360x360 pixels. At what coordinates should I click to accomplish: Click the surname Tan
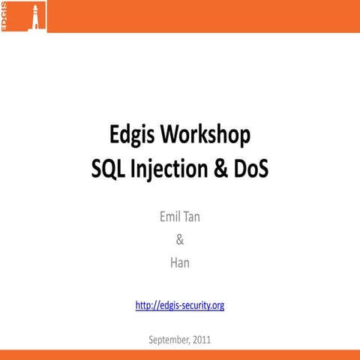click(x=193, y=218)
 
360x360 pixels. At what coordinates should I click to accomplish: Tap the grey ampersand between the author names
click(x=179, y=241)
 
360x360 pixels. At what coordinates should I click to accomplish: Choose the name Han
click(x=179, y=263)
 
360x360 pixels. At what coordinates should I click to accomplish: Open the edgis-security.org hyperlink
click(x=180, y=305)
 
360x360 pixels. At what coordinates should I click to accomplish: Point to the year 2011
click(x=201, y=340)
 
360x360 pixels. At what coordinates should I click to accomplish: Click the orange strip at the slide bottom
click(x=180, y=355)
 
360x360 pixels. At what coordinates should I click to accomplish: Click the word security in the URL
click(x=194, y=305)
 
